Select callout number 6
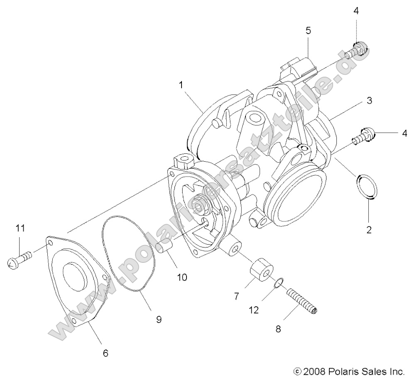tap(105, 353)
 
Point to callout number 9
tap(159, 319)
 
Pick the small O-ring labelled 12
tap(280, 283)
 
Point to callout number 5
tap(308, 31)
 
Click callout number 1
tap(181, 85)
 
